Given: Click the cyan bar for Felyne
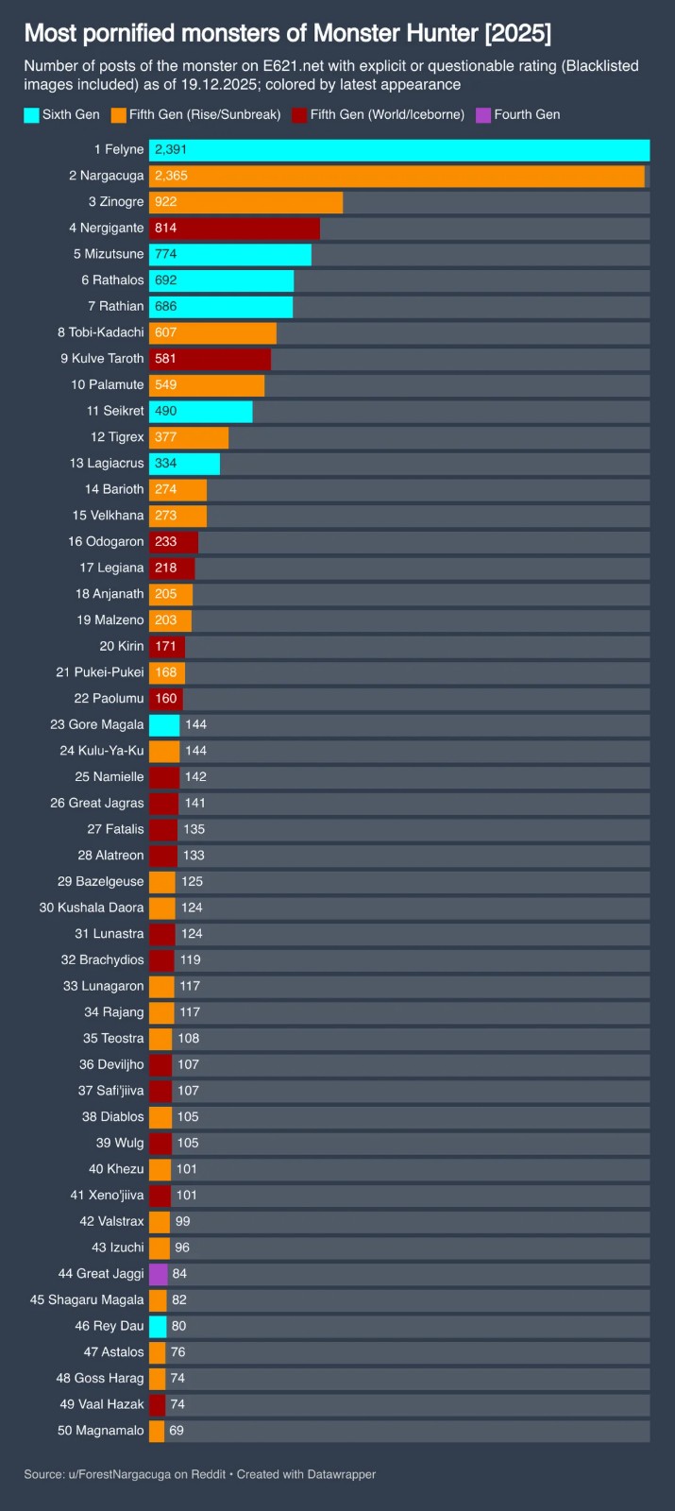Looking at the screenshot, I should click(399, 150).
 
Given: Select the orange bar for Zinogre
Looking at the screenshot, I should click(245, 202).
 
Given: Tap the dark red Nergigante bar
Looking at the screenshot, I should click(234, 228).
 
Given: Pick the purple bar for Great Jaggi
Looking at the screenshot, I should click(158, 1274).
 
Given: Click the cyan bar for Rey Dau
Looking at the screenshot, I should click(158, 1326).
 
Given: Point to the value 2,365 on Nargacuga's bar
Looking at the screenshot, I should click(171, 176).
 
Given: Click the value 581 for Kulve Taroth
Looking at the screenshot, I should click(165, 359).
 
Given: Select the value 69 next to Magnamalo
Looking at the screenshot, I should click(177, 1431).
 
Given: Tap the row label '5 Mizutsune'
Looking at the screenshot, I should click(109, 254).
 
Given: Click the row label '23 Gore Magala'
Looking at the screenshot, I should click(97, 724).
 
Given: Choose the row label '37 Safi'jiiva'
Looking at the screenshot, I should click(110, 1091).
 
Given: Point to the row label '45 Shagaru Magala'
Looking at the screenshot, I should click(87, 1299).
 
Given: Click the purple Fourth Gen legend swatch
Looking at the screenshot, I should click(483, 115).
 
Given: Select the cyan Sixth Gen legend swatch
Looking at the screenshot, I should click(32, 115).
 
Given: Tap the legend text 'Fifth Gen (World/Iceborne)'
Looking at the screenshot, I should click(387, 114).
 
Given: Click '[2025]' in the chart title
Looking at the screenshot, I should click(517, 33).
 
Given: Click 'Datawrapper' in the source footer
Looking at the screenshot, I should click(341, 1474).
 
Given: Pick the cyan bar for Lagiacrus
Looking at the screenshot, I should click(184, 464).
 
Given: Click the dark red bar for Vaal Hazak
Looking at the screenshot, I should click(157, 1404).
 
